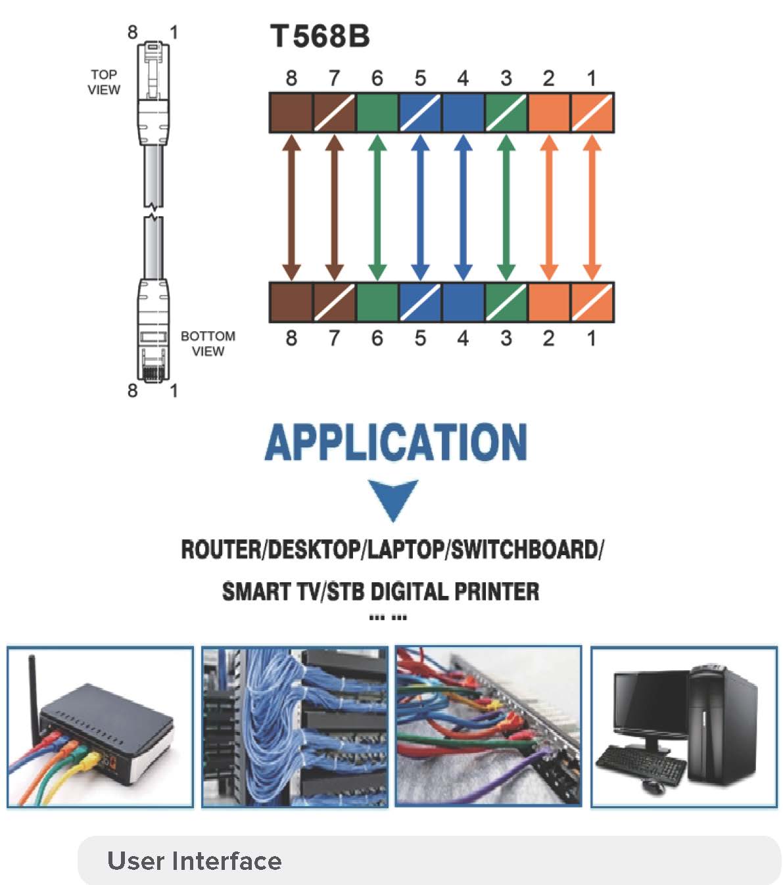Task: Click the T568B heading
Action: click(320, 36)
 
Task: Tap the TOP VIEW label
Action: click(104, 82)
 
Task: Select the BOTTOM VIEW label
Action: click(208, 343)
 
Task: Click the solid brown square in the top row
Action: click(291, 113)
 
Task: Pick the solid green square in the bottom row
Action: click(377, 302)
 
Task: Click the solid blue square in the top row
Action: click(463, 113)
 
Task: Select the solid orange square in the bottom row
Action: click(548, 302)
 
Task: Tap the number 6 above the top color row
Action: click(377, 78)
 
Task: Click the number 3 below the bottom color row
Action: click(506, 338)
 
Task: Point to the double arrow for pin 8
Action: click(291, 208)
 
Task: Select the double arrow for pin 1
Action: click(592, 208)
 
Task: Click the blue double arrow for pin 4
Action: click(463, 208)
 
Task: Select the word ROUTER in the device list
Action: click(220, 549)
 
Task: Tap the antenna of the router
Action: click(32, 683)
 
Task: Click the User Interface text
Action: click(194, 861)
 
